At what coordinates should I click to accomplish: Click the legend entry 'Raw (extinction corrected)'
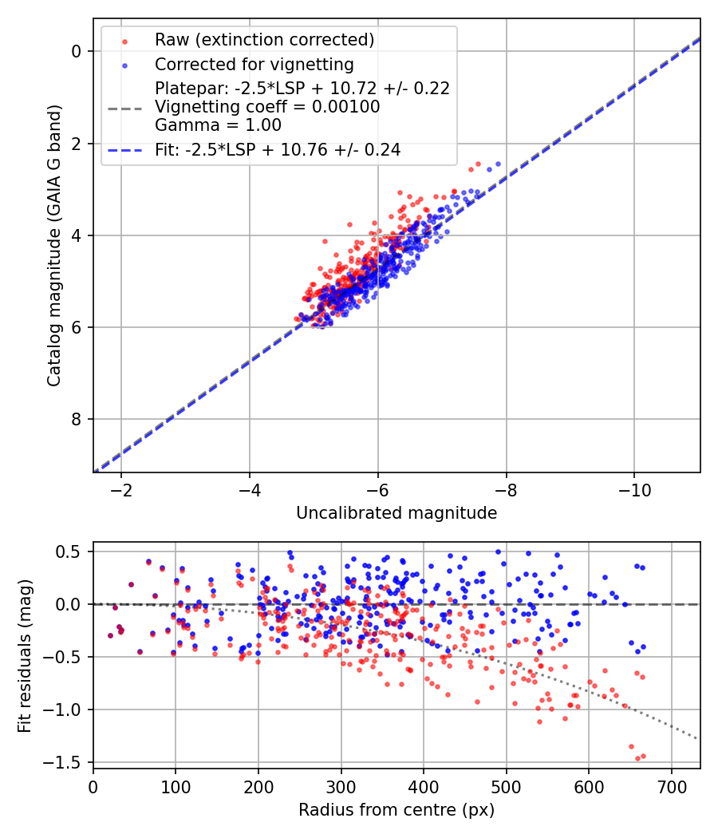point(264,40)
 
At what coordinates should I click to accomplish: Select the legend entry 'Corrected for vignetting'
point(254,64)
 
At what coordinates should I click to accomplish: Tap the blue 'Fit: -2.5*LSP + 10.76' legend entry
point(278,149)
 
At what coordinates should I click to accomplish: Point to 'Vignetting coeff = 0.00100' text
point(267,107)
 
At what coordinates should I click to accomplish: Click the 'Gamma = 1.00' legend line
point(207,125)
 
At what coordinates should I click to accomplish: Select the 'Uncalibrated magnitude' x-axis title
point(396,513)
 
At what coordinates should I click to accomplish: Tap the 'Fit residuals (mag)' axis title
point(25,654)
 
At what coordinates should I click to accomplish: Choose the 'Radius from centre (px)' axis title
point(396,810)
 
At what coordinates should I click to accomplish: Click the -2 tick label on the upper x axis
point(121,488)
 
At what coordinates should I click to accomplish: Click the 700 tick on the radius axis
point(671,785)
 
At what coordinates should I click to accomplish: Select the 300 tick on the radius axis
point(341,785)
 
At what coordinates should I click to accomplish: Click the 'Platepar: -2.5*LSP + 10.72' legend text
point(302,89)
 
